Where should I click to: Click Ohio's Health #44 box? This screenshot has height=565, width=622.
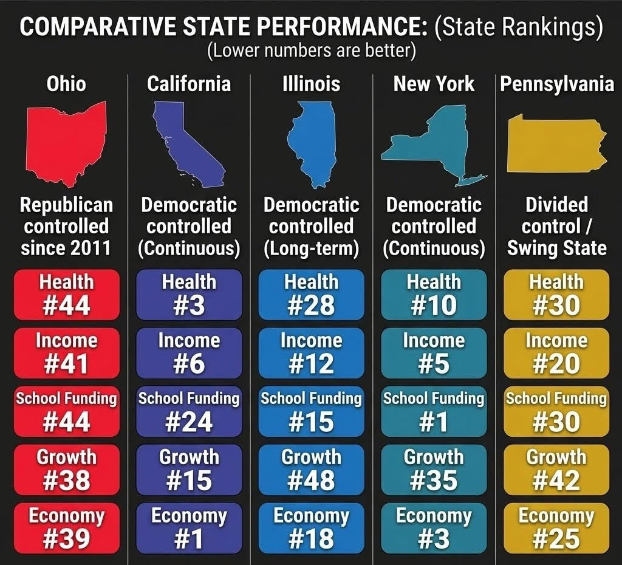pyautogui.click(x=67, y=295)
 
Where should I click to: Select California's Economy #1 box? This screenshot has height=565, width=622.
pyautogui.click(x=189, y=527)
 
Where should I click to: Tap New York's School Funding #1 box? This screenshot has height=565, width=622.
pyautogui.click(x=434, y=411)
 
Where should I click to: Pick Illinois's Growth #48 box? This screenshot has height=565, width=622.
pyautogui.click(x=311, y=469)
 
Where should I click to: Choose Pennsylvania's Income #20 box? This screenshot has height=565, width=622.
pyautogui.click(x=556, y=353)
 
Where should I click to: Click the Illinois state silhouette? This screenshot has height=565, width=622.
pyautogui.click(x=312, y=143)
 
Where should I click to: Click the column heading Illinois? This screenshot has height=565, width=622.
pyautogui.click(x=311, y=84)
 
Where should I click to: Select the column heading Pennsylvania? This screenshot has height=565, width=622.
pyautogui.click(x=557, y=84)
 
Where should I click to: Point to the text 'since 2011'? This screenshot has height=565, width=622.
pyautogui.click(x=66, y=248)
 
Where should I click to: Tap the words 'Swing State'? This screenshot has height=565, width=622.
pyautogui.click(x=557, y=248)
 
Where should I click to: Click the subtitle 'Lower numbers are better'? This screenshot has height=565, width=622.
pyautogui.click(x=311, y=51)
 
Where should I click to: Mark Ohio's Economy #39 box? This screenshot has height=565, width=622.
pyautogui.click(x=67, y=527)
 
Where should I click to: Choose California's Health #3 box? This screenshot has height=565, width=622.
pyautogui.click(x=189, y=295)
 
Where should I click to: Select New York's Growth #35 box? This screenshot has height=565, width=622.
pyautogui.click(x=434, y=469)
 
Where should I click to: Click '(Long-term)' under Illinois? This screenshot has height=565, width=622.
pyautogui.click(x=311, y=248)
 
